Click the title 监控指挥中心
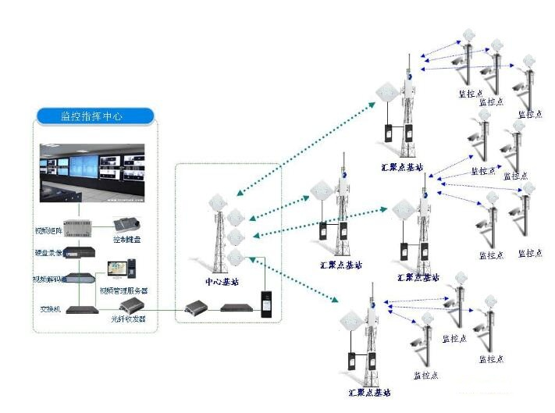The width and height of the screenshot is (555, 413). [95, 116]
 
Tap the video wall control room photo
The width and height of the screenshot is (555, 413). [94, 168]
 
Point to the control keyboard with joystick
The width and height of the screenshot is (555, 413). [124, 224]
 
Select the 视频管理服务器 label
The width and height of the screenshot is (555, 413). [123, 290]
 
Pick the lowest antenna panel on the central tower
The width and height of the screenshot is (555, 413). [237, 257]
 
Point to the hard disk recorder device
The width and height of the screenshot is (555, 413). [81, 253]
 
